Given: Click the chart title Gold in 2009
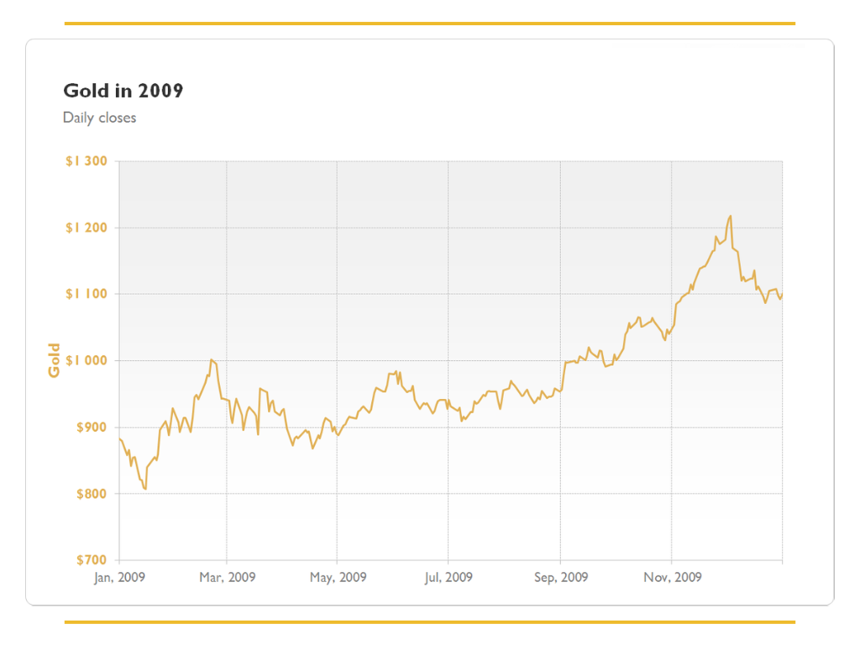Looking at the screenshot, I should pos(123,91).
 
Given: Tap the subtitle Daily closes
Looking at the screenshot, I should pos(99,118).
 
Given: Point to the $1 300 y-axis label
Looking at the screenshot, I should pos(87,161).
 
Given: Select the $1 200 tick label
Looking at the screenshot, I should pos(87,228).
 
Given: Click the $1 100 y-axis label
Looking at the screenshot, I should pos(87,294).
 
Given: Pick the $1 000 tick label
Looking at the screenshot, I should pos(87,360).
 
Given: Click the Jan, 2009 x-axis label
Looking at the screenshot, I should pos(119,577).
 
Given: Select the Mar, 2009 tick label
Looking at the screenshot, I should pos(227,577).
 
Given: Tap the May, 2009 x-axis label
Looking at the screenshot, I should pos(338,577).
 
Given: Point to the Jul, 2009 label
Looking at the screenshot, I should pos(448,577).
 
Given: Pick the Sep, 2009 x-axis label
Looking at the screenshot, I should pos(561,577).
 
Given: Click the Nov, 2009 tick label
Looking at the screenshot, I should pos(672,577).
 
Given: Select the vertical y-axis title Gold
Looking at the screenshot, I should pos(55,360).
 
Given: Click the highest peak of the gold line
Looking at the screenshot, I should pos(731,216).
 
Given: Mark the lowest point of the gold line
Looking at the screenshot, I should pos(145,488).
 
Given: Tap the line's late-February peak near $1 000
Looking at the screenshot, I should pos(212,359).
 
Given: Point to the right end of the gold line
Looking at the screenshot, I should pos(782,295).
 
